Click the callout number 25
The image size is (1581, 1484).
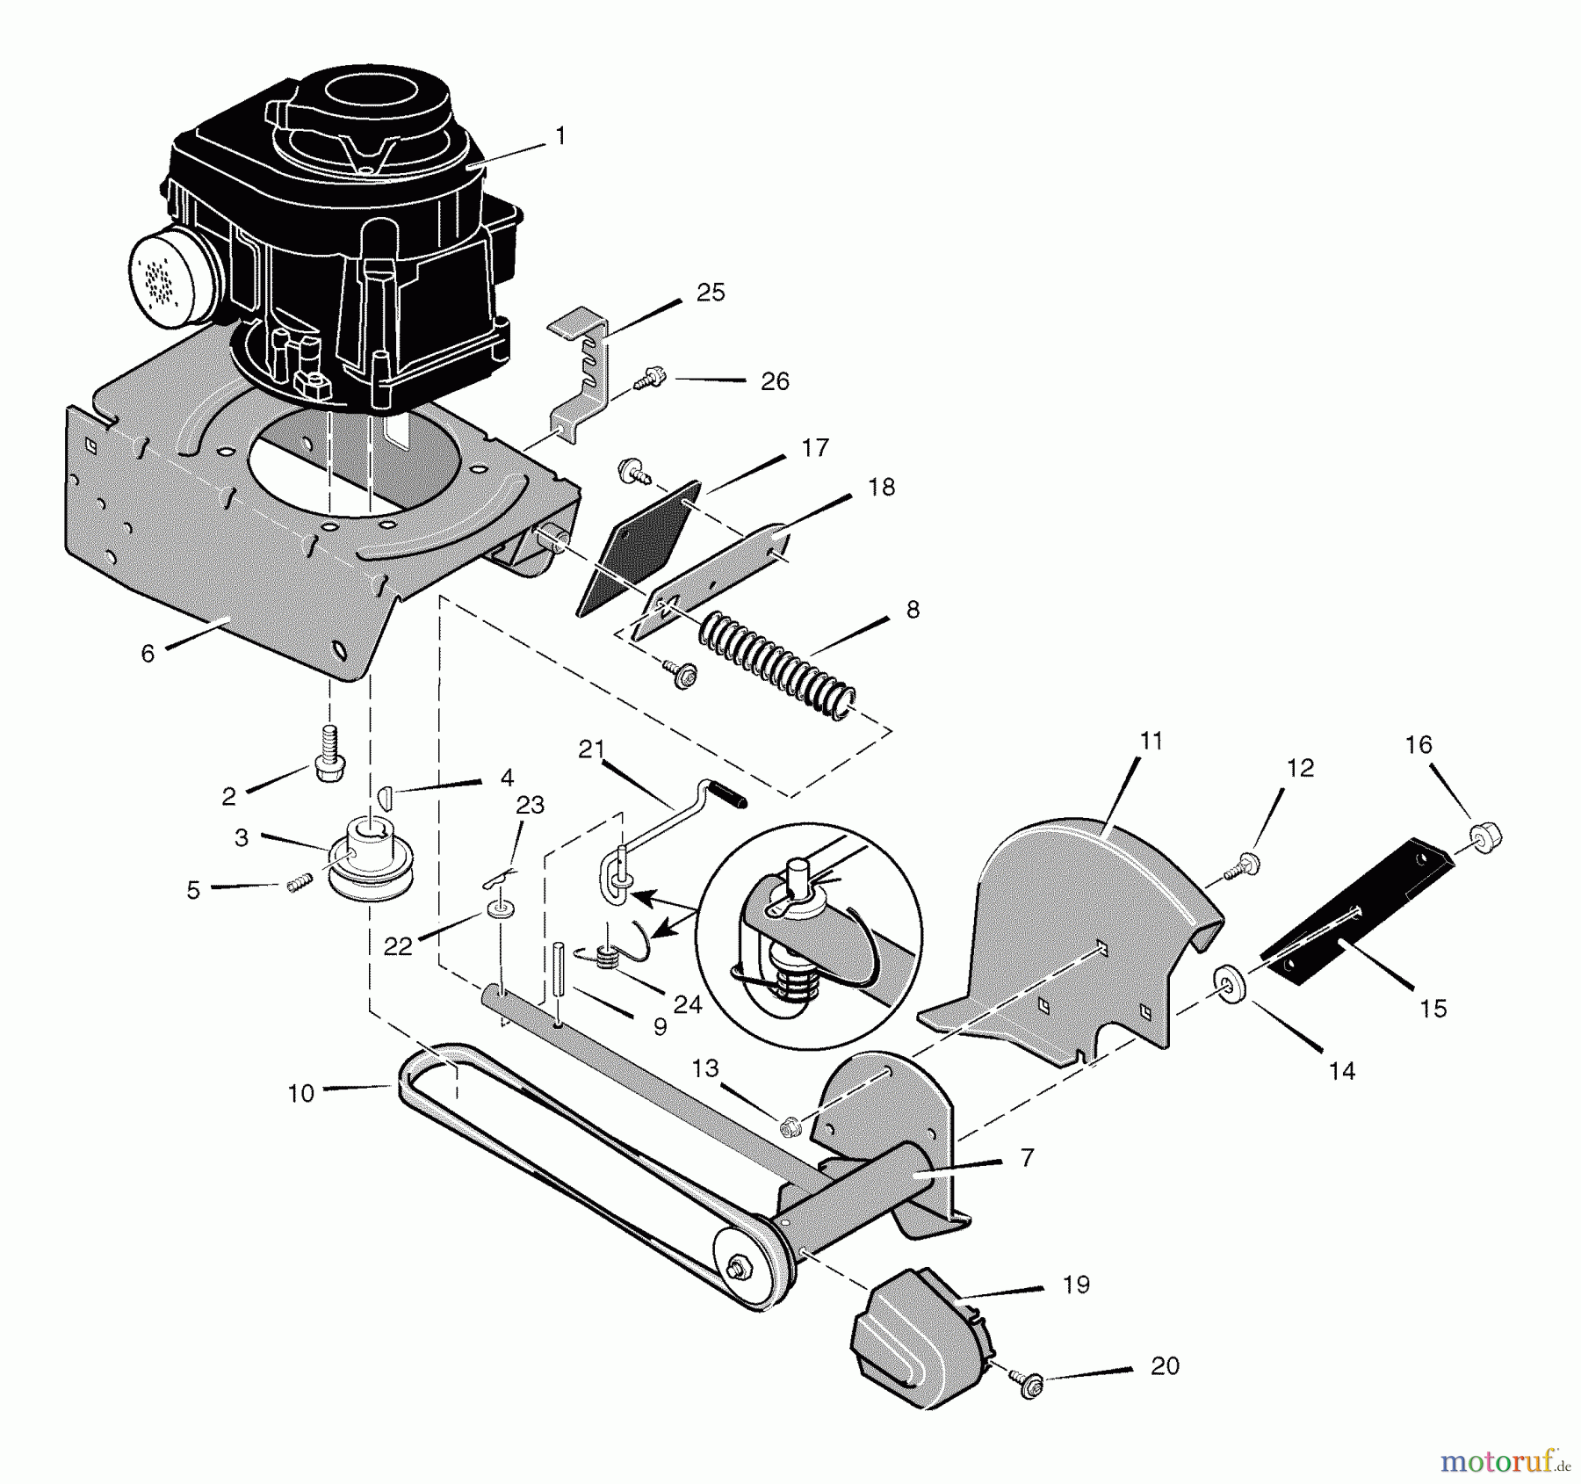(x=710, y=293)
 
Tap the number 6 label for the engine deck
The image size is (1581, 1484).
(x=148, y=653)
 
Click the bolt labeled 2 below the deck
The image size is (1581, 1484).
(x=328, y=754)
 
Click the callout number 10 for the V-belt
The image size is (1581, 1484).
(x=300, y=1093)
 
